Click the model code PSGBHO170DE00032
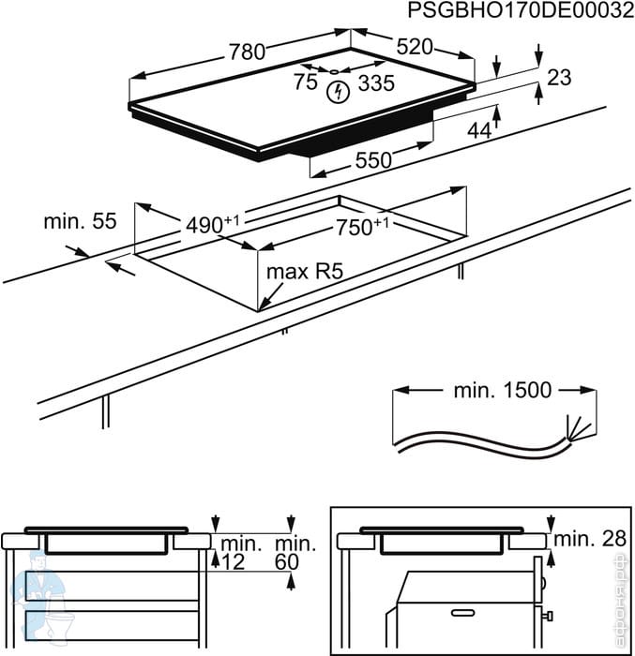click(x=513, y=11)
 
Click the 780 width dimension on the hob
click(x=248, y=52)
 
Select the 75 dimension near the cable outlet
click(x=305, y=82)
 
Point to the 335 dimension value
click(x=376, y=83)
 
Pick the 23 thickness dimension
click(x=559, y=78)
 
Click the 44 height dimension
click(x=479, y=131)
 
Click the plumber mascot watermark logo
click(x=38, y=600)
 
